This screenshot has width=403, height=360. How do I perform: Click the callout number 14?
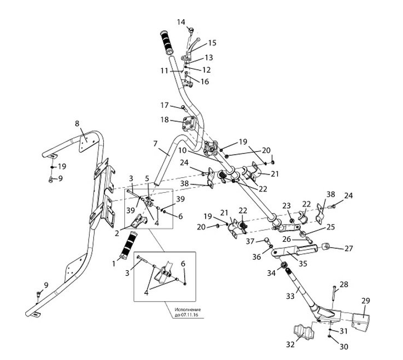(x=181, y=21)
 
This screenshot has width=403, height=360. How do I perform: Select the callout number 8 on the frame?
(x=77, y=124)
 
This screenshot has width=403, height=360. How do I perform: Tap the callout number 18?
(x=165, y=119)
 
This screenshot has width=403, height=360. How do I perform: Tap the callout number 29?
(x=366, y=301)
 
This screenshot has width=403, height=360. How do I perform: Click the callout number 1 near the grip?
(x=114, y=264)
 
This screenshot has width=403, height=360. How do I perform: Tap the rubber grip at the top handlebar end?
(x=167, y=42)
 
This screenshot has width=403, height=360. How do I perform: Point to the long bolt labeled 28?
(x=333, y=293)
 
